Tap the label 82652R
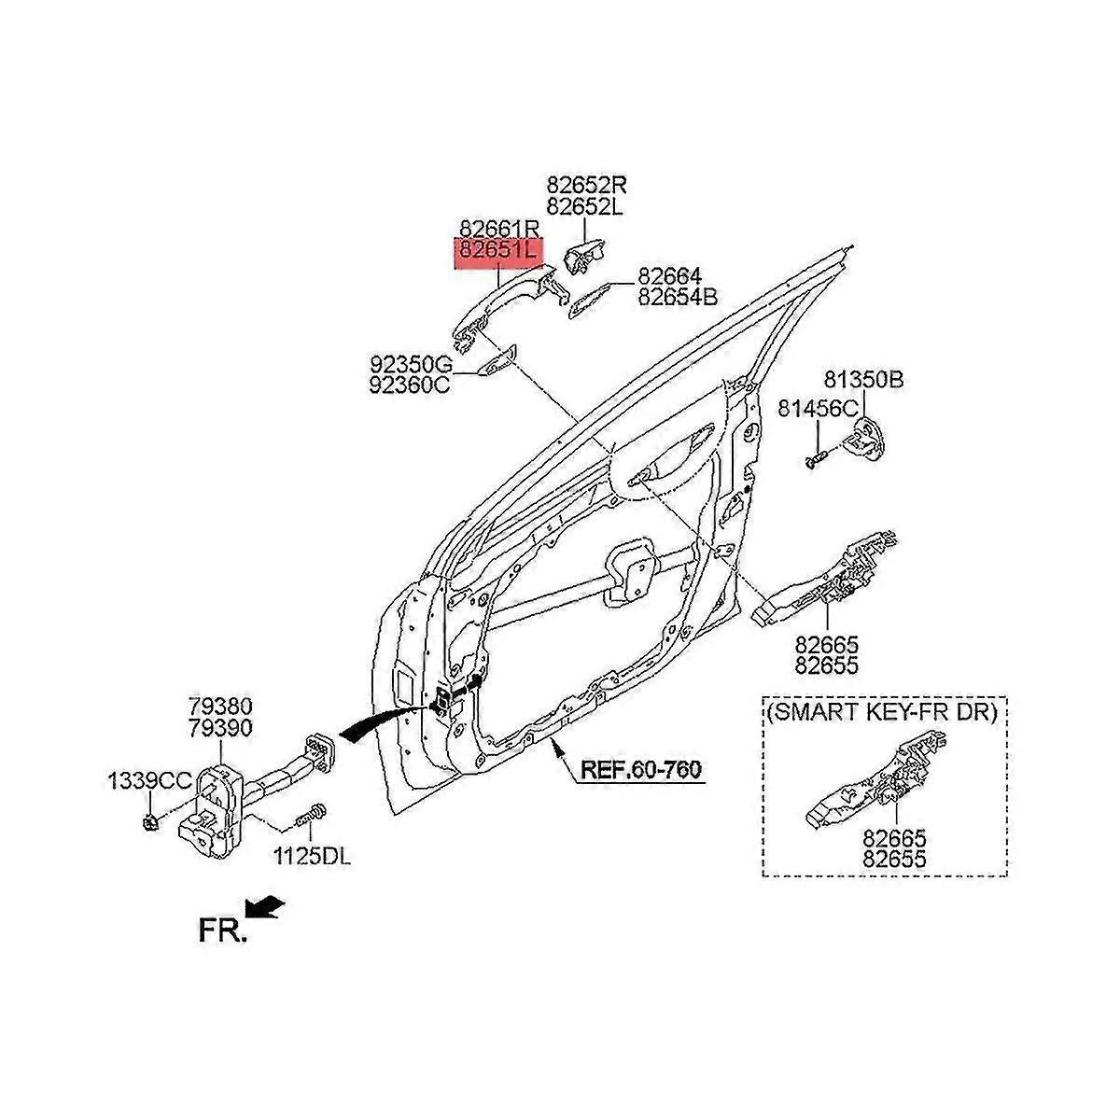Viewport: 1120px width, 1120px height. (x=584, y=185)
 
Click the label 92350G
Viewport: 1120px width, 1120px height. (x=411, y=363)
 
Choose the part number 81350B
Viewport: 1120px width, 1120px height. (x=863, y=380)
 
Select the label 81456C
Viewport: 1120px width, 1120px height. (x=819, y=408)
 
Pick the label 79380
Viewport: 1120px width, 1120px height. (x=218, y=707)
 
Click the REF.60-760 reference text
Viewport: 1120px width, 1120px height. (x=640, y=771)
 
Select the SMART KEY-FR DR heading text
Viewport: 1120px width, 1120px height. (x=883, y=714)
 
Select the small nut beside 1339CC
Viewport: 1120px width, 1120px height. (x=148, y=822)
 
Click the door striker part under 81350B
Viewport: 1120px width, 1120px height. (x=865, y=437)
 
